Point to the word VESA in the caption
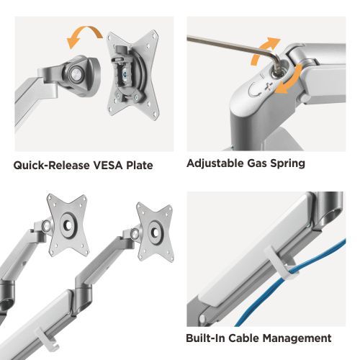coord(106,165)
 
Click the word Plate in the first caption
coord(139,165)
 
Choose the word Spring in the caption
coord(287,163)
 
